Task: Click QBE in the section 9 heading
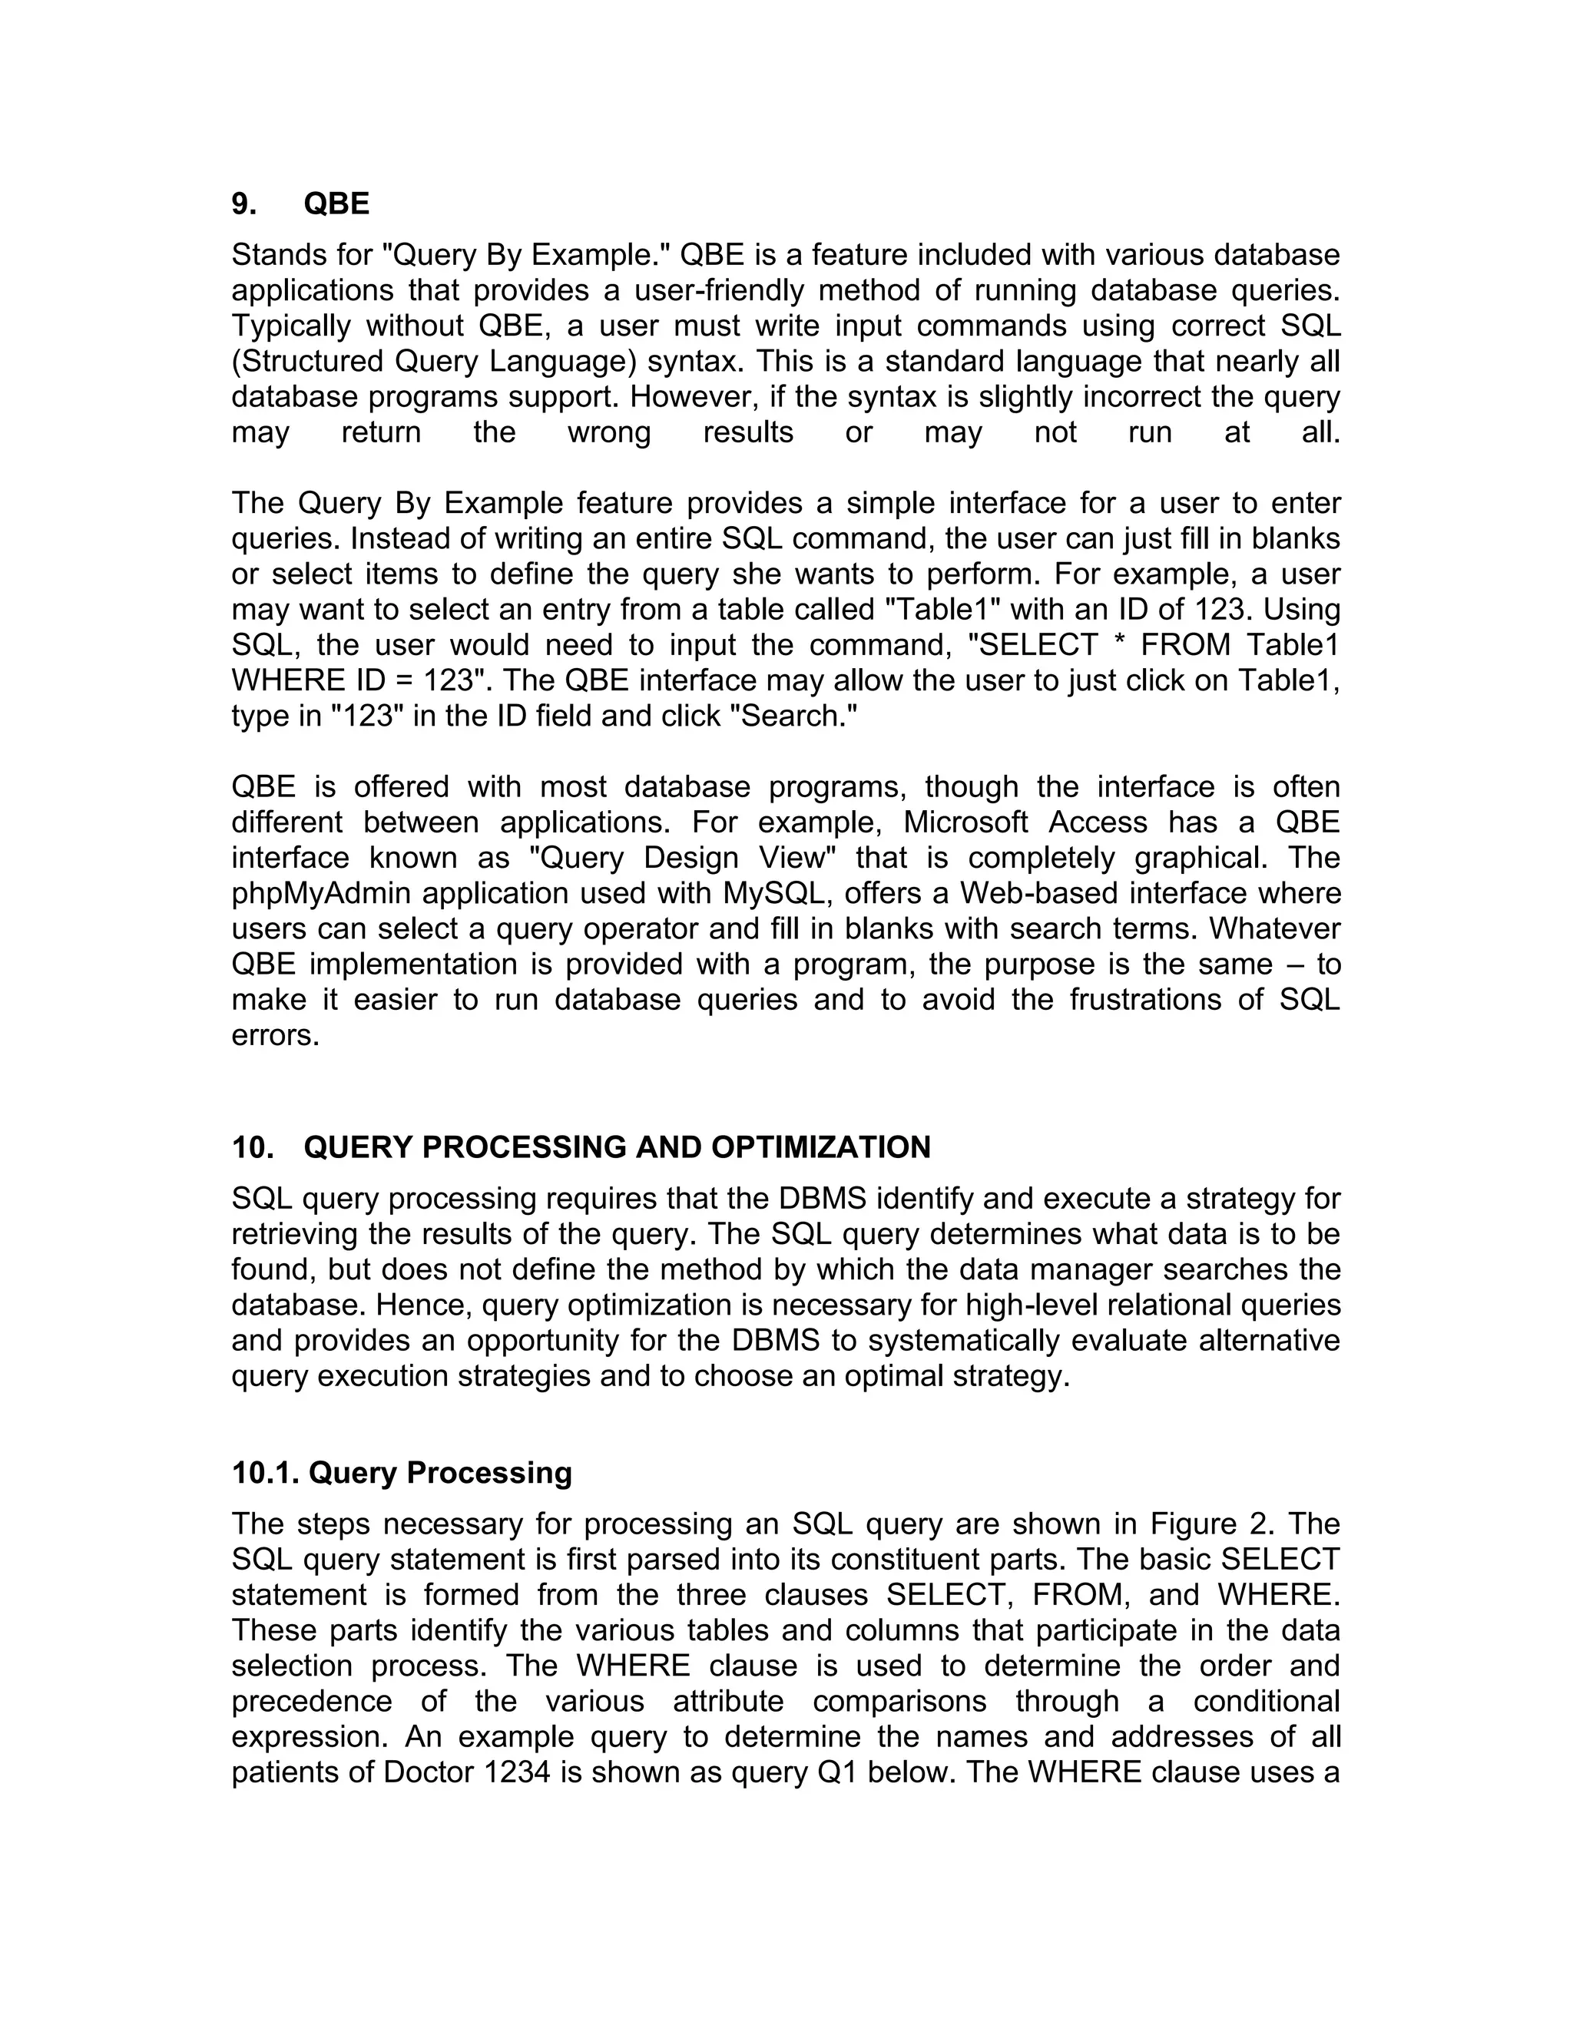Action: tap(336, 204)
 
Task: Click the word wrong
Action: tap(608, 432)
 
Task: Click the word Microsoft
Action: tap(966, 822)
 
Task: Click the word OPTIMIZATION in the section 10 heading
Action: tap(821, 1147)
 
